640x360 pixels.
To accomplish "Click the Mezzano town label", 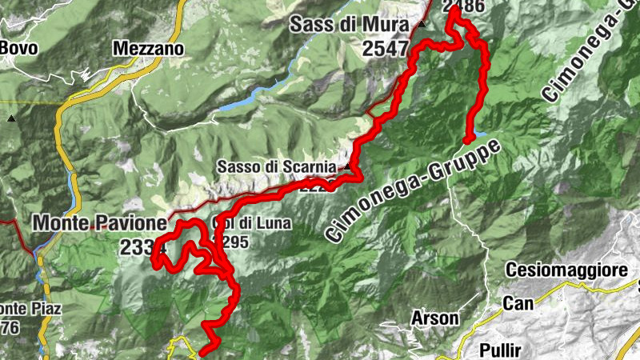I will [149, 48].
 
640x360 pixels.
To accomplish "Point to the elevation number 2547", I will [386, 48].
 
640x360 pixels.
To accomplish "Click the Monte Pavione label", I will [100, 222].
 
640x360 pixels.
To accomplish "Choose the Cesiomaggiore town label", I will [566, 270].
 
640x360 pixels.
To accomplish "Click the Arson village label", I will [434, 318].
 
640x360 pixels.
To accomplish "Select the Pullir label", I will [502, 350].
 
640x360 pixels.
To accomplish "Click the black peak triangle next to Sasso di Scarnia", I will [346, 167].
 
